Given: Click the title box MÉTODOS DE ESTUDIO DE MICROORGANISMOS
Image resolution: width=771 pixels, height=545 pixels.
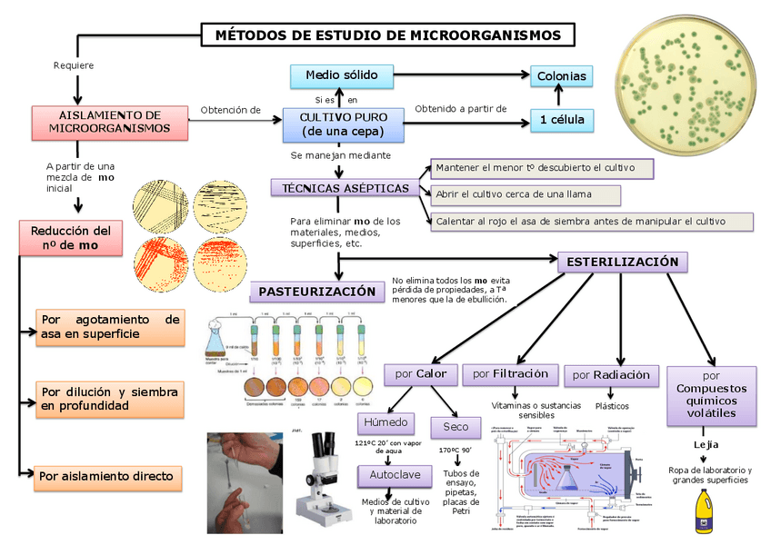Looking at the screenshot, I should (x=387, y=35).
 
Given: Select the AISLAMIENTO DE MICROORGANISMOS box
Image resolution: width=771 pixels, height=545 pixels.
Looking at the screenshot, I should (x=109, y=122).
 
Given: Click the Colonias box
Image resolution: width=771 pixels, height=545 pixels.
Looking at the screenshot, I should (x=561, y=76).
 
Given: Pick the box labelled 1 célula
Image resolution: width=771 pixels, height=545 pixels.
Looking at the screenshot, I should (x=561, y=120).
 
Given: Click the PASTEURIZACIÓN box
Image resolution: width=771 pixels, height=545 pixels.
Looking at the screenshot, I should (x=317, y=292).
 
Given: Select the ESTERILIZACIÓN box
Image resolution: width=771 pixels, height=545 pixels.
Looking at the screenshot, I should (x=622, y=263).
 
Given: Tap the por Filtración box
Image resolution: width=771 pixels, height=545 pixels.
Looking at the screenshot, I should (x=510, y=374).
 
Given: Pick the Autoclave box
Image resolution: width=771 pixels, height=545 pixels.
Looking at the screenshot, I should (x=389, y=475).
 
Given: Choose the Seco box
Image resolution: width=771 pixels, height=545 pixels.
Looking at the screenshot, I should (x=456, y=425).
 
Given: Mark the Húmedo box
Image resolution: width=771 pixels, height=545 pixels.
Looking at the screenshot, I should (x=386, y=423).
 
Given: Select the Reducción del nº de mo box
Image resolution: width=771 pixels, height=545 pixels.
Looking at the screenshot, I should (x=71, y=238).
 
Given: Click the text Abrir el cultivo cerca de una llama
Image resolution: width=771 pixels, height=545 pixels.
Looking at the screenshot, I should (x=525, y=194).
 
